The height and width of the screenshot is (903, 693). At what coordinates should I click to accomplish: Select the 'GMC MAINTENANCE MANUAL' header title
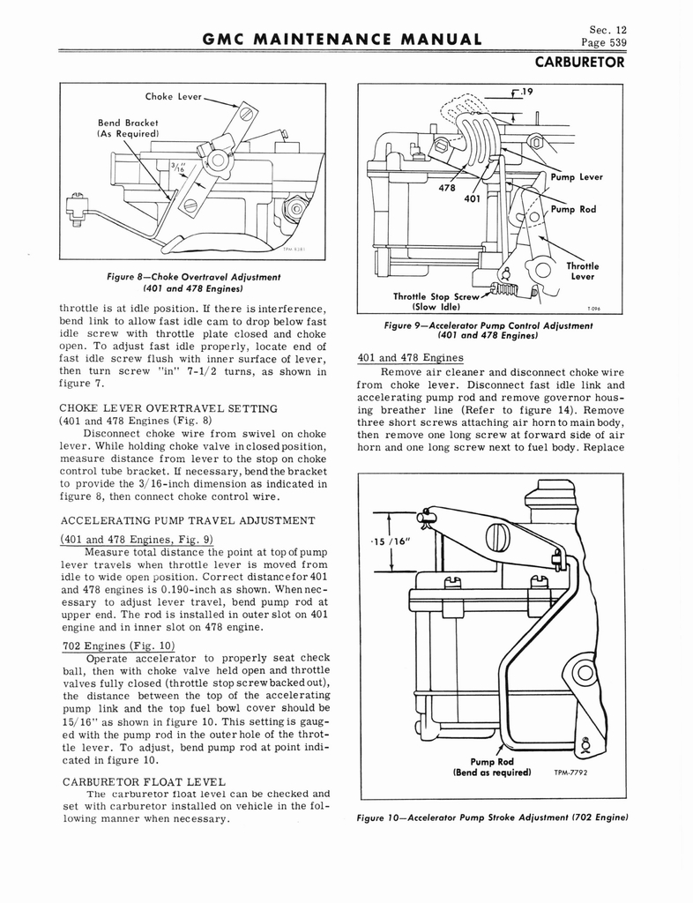341,39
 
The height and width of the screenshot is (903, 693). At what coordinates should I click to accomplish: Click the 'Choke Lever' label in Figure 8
174,96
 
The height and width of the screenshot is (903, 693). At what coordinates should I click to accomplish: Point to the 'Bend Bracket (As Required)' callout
130,128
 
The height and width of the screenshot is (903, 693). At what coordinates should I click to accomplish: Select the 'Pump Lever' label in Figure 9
577,176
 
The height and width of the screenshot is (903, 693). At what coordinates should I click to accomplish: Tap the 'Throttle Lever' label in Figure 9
583,271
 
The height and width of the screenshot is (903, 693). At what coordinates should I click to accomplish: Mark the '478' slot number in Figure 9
446,187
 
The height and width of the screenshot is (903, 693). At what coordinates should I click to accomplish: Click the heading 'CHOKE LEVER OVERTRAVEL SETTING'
168,408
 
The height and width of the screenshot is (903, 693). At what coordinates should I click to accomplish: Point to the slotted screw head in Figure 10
496,537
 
